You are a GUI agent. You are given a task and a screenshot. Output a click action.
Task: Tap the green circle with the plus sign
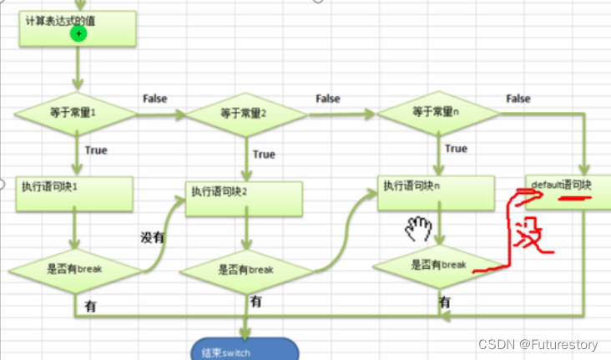point(78,33)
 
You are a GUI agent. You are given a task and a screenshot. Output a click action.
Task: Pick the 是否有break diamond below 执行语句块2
point(245,270)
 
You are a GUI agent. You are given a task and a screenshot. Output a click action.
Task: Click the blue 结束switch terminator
point(245,350)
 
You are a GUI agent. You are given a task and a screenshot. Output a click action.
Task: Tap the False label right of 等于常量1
point(155,99)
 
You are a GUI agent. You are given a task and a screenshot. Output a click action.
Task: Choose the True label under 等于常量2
point(264,155)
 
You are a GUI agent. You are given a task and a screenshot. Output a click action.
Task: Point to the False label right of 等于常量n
point(518,99)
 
